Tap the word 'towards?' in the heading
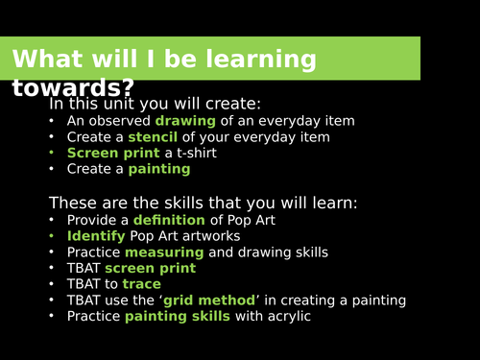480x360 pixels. (74, 88)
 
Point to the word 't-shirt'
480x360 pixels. (193, 154)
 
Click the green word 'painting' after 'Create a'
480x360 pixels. (159, 170)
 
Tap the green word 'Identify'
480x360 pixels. (96, 236)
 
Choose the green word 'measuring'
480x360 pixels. (164, 252)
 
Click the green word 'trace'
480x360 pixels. (142, 285)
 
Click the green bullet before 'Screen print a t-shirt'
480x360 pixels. (53, 154)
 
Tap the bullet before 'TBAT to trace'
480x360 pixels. (53, 285)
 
